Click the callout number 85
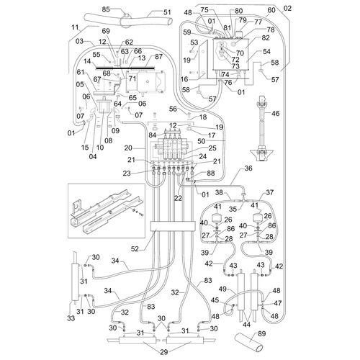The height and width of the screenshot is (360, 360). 105,9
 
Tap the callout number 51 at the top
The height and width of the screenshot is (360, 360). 167,12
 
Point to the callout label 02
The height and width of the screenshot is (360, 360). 289,8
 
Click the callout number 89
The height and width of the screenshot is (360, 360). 261,333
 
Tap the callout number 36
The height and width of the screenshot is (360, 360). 248,168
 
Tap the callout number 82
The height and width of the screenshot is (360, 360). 266,37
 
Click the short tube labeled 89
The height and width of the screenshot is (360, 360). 249,338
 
